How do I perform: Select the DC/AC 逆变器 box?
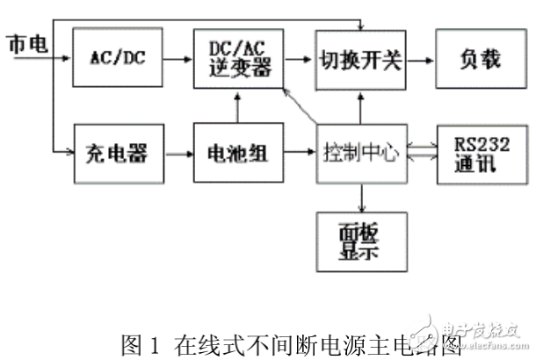coord(235,58)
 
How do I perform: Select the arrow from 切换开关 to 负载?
coord(420,59)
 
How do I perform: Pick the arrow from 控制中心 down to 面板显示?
coord(359,197)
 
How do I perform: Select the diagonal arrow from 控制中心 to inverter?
coord(299,110)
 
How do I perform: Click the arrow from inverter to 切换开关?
coord(295,59)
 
